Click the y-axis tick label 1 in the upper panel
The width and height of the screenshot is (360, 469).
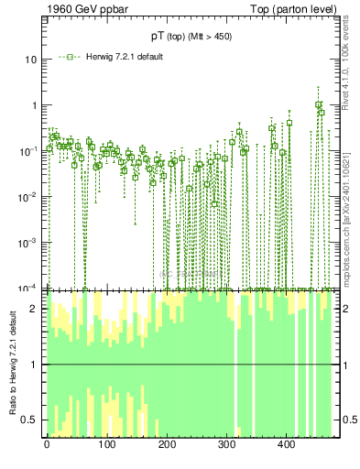coord(33,105)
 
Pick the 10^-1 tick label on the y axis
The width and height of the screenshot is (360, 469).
coord(28,150)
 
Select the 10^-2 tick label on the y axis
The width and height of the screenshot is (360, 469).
coord(28,196)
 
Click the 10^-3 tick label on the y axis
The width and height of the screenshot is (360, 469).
coord(28,242)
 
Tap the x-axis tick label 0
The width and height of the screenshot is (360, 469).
coord(47,445)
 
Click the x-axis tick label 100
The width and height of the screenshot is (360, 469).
coord(106,445)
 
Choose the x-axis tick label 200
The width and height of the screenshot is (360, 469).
coord(167,445)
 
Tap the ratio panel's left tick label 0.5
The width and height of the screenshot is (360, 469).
coord(29,420)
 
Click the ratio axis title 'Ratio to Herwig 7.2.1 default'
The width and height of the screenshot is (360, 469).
coord(12,364)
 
